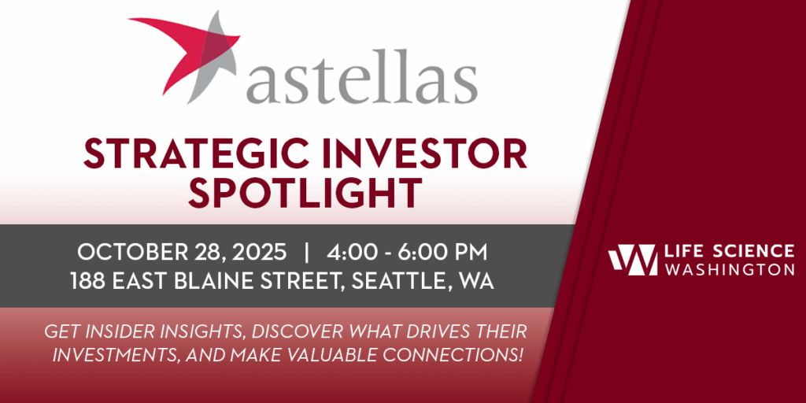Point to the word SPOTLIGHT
[305, 194]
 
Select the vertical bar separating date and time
[307, 253]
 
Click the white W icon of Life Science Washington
[633, 260]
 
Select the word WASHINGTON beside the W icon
[730, 270]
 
